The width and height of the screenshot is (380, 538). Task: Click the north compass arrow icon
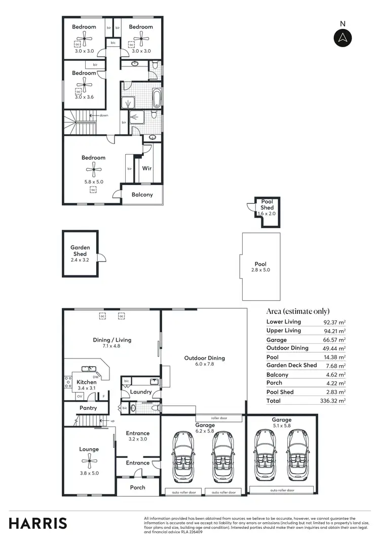click(x=343, y=38)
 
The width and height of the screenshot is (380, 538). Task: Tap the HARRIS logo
click(x=37, y=523)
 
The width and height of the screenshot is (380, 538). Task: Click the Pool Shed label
click(x=267, y=204)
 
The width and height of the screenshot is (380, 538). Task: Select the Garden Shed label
click(x=80, y=250)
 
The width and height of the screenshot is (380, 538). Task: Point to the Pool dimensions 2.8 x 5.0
click(x=260, y=270)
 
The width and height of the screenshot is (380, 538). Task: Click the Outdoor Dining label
click(x=204, y=358)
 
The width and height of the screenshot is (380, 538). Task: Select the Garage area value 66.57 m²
click(x=334, y=340)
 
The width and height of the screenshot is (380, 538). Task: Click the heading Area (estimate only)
click(x=298, y=311)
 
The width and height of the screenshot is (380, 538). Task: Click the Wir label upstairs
click(x=147, y=168)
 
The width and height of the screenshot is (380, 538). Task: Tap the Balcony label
click(x=142, y=195)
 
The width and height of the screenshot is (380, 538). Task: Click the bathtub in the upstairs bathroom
click(x=157, y=97)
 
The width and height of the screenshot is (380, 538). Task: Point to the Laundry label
click(x=141, y=392)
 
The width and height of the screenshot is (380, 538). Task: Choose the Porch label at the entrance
click(x=138, y=487)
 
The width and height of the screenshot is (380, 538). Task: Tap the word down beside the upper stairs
click(x=104, y=116)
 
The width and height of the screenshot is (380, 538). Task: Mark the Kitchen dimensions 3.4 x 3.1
click(x=87, y=388)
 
